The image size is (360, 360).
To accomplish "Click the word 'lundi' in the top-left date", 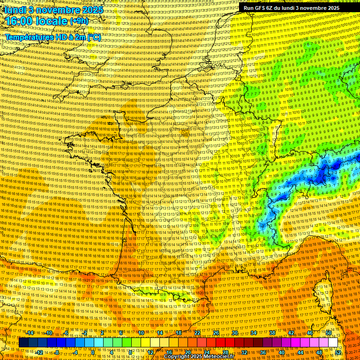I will point(15,9).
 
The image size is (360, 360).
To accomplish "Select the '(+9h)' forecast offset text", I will point(78,21).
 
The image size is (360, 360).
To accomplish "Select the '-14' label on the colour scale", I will point(30,333).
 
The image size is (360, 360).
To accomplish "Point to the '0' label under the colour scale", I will point(93,352).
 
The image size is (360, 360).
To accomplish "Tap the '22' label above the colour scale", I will point(197,333).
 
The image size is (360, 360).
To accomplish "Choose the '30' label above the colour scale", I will point(235,333).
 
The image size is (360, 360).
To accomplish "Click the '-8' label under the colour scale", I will point(56,352).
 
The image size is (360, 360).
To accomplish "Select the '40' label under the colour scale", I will point(282,352).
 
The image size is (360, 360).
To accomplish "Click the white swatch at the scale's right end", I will point(333,343).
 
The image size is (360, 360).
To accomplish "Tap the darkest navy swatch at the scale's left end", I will point(23,343).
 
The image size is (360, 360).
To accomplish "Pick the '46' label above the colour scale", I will point(310,333).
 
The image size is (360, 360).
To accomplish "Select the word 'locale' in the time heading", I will point(52,21).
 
